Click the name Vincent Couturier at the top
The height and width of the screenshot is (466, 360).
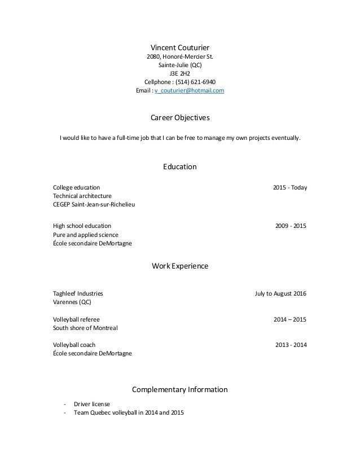pos(180,46)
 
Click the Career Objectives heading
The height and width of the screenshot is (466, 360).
pos(179,118)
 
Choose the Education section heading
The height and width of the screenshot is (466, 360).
pos(179,166)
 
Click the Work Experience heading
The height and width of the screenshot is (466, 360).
pos(179,265)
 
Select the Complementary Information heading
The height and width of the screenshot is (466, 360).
pos(179,389)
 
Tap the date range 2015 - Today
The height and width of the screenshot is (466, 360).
pos(289,187)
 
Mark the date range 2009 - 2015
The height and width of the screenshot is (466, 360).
pos(291,226)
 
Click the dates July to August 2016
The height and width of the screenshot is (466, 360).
pos(281,293)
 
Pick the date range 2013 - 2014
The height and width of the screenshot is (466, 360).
pos(291,345)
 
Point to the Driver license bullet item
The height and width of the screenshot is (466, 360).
pos(92,404)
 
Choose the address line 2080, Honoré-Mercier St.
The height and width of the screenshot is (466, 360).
pos(180,56)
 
